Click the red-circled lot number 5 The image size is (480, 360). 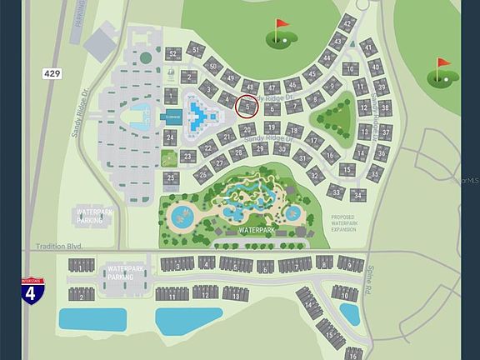[x=247, y=106]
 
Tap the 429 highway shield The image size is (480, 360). [x=51, y=74]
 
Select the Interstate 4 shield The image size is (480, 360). [x=31, y=293]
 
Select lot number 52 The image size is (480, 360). [x=172, y=54]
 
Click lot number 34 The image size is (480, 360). [x=358, y=195]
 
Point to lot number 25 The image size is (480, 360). [x=171, y=177]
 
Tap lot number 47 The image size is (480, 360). [x=271, y=87]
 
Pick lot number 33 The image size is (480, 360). [x=336, y=191]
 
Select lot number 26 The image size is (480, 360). [x=202, y=174]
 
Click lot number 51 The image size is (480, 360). [x=195, y=50]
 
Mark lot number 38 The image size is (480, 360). [x=384, y=107]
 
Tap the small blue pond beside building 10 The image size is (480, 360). [x=349, y=313]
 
